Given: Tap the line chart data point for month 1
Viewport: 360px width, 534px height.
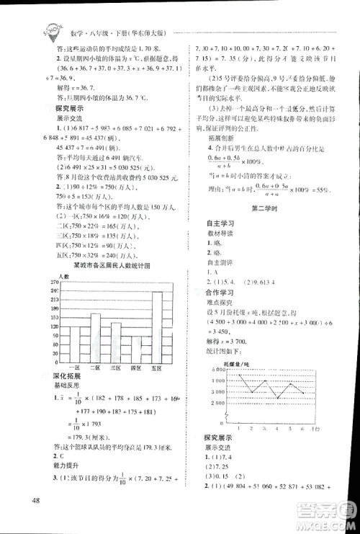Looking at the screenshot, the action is tap(236, 381).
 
